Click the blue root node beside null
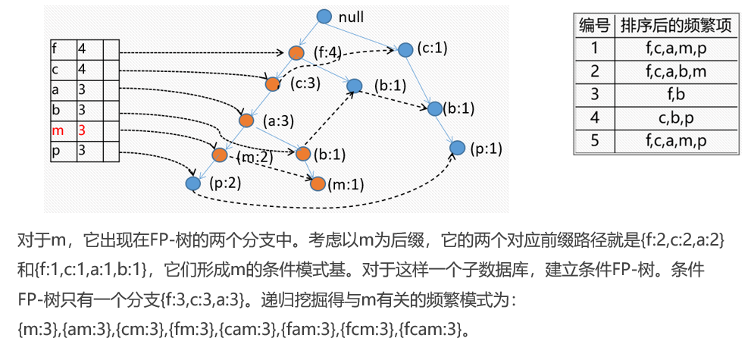(324, 16)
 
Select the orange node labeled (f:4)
(296, 52)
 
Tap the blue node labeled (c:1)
(405, 49)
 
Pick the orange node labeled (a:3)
(246, 120)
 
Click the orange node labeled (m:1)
(318, 183)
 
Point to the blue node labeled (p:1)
(457, 147)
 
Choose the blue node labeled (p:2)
(192, 183)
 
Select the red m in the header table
(55, 130)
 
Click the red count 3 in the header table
(82, 130)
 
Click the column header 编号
(594, 25)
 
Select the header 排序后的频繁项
(676, 25)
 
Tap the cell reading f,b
(676, 95)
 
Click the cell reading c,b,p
(676, 118)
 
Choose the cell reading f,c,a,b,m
(676, 72)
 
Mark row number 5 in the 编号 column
(594, 141)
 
